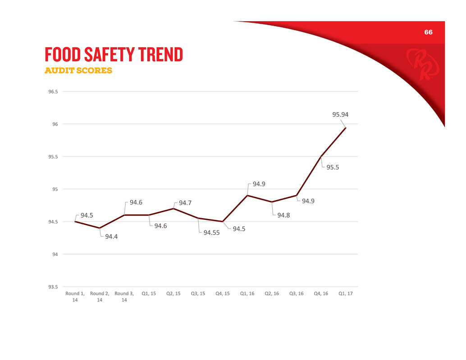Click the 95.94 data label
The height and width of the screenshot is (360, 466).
click(x=340, y=115)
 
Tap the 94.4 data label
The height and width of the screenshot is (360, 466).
click(x=113, y=237)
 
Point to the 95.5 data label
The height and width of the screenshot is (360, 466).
click(x=333, y=167)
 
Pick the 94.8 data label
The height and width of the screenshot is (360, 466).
click(x=283, y=215)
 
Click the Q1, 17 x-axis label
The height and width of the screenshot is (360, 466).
click(x=346, y=294)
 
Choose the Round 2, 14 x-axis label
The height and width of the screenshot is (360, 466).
click(x=100, y=297)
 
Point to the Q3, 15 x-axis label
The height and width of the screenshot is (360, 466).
click(x=198, y=294)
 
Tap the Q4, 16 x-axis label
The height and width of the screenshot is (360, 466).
click(x=321, y=294)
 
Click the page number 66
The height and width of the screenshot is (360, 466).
click(x=428, y=32)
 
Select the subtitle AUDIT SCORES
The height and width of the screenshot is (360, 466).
click(x=78, y=71)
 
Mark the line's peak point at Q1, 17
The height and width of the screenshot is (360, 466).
click(x=346, y=128)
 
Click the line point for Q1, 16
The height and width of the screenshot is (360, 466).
click(x=247, y=196)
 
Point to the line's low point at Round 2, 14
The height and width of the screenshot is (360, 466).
click(x=100, y=228)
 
